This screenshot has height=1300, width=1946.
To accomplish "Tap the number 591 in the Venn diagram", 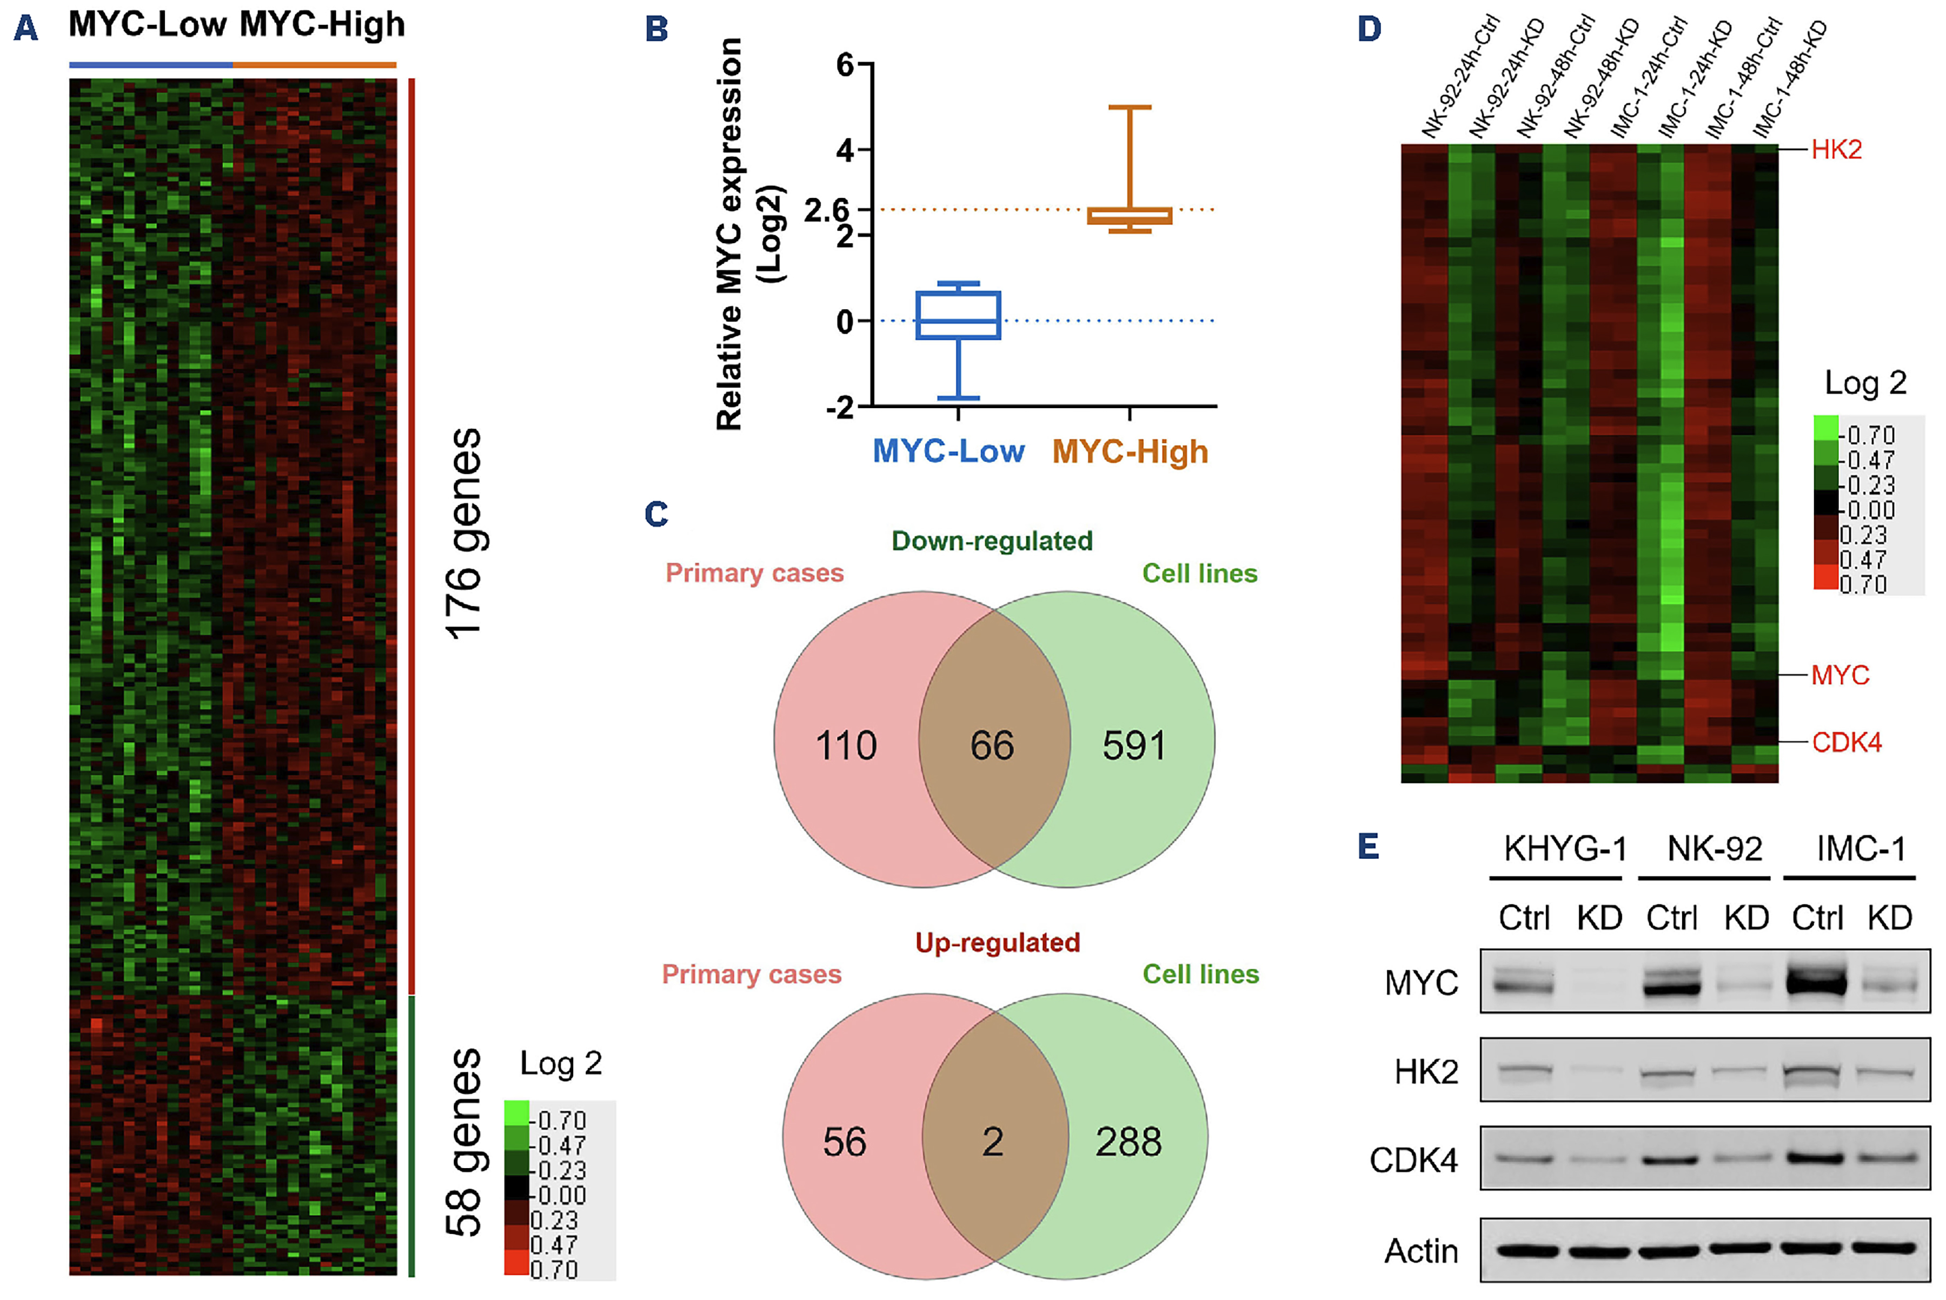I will [x=1133, y=745].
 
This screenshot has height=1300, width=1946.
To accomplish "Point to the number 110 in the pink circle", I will [x=846, y=745].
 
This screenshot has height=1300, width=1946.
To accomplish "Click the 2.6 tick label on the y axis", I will [x=827, y=211].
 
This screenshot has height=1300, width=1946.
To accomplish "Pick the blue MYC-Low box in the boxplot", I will [x=958, y=315].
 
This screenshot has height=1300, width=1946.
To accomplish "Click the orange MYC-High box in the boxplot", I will [x=1130, y=216].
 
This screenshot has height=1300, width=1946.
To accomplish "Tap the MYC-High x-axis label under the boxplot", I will [x=1130, y=452].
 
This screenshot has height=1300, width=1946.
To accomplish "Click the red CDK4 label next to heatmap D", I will [x=1845, y=742].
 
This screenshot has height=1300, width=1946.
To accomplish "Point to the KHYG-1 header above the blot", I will [x=1565, y=849].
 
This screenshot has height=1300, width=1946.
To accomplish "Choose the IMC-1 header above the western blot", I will [x=1860, y=849].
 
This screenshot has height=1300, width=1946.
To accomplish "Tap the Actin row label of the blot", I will [x=1420, y=1251].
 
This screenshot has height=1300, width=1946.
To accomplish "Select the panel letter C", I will [x=656, y=514].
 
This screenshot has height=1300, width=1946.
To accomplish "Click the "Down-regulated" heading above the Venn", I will [x=992, y=542].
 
